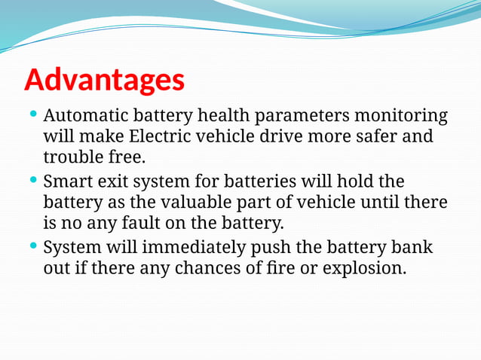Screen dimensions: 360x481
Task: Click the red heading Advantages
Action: [x=104, y=80]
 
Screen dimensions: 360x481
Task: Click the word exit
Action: [x=116, y=182]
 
